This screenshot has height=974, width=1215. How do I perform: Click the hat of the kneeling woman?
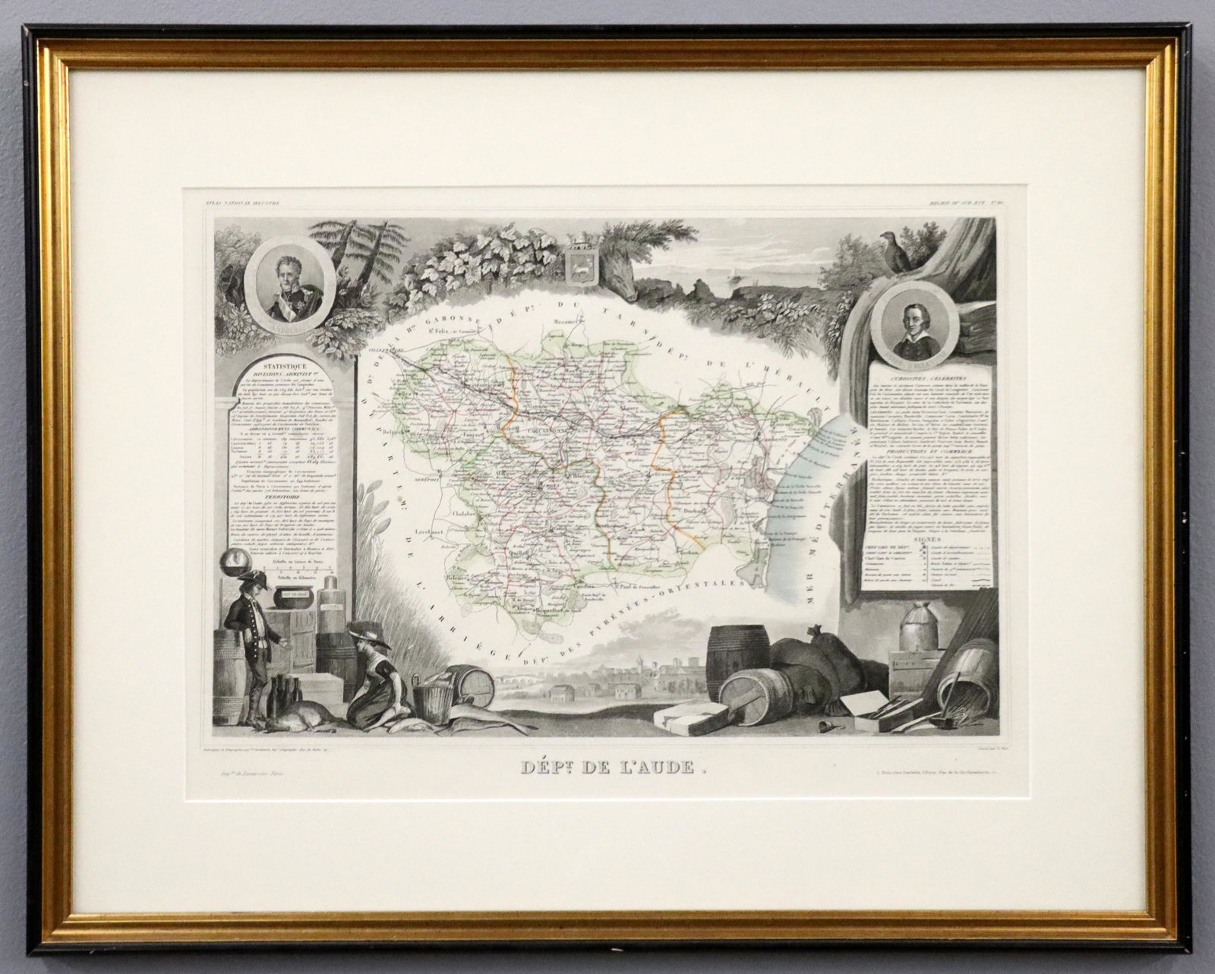[371, 639]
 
